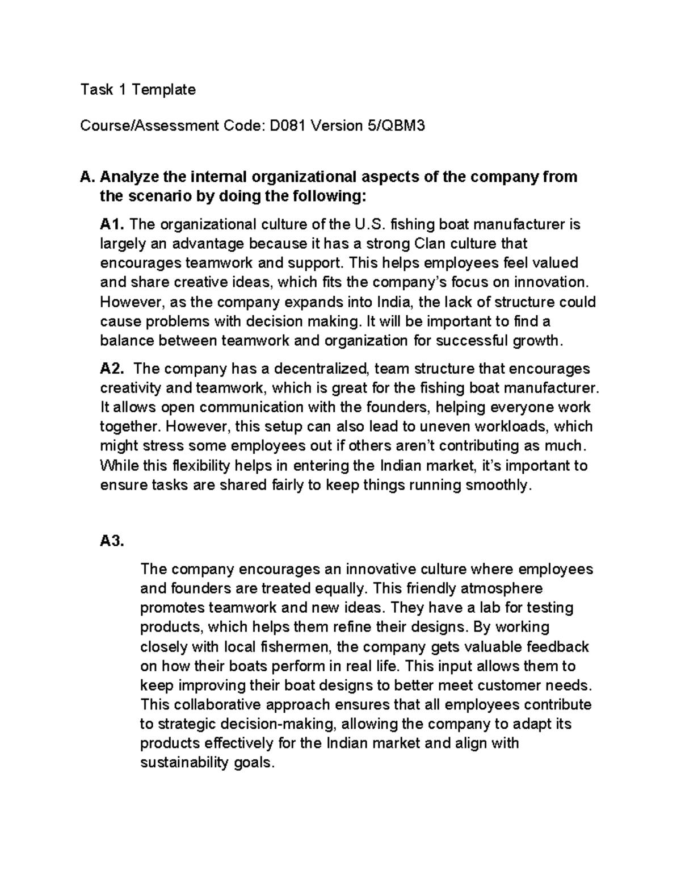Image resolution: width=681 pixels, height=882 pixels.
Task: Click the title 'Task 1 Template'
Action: coord(138,90)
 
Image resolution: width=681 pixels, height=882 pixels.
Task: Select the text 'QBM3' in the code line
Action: coord(403,126)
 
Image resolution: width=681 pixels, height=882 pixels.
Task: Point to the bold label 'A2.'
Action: coord(113,369)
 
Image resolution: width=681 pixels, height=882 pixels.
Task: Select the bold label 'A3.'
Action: coord(112,541)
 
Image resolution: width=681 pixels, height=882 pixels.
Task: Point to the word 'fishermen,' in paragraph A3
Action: coord(296,646)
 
